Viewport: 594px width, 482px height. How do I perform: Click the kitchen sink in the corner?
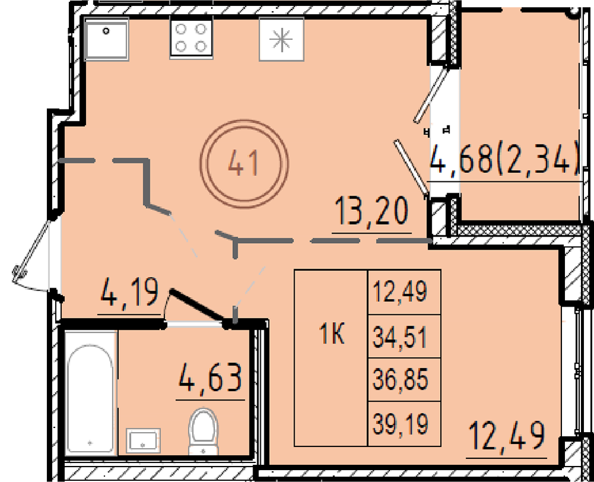click(x=106, y=39)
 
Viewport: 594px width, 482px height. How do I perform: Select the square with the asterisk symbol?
click(x=282, y=39)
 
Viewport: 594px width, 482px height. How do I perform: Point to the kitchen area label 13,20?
click(x=372, y=212)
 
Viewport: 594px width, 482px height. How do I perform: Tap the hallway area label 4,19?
click(x=129, y=292)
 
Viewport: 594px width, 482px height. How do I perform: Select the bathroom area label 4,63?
click(x=211, y=377)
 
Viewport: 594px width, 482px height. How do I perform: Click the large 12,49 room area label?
click(x=507, y=436)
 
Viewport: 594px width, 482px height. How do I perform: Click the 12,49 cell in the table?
click(x=404, y=292)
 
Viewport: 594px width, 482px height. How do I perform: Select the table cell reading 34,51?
click(x=404, y=336)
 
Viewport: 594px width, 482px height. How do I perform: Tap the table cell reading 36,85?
click(x=404, y=379)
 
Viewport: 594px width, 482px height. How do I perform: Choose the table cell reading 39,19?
click(x=404, y=423)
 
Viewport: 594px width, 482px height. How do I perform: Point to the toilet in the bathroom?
click(x=203, y=431)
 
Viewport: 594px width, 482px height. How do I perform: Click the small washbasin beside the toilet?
click(x=143, y=440)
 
